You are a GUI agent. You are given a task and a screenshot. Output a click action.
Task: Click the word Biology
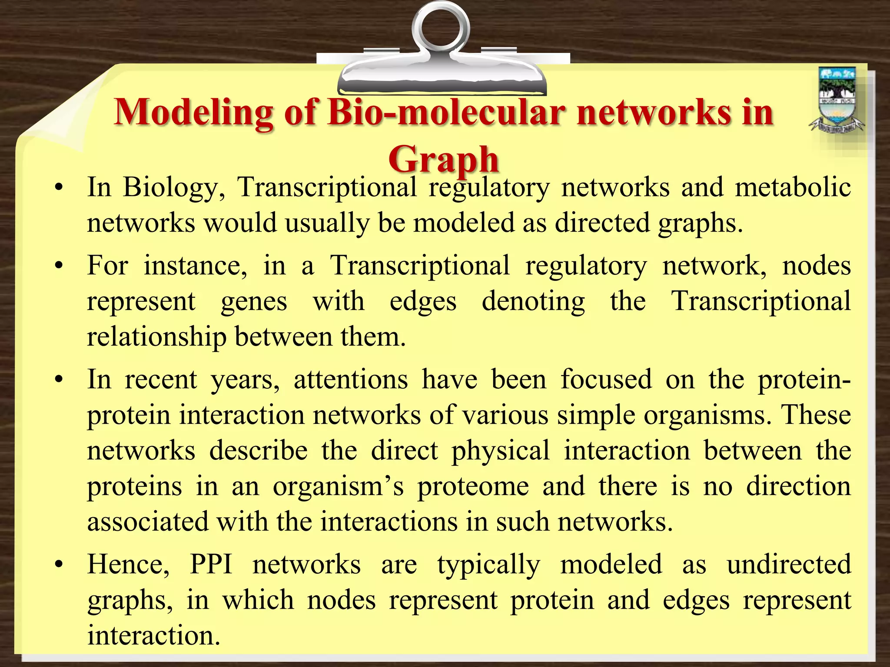(x=173, y=188)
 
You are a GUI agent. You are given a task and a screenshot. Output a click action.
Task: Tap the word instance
(x=195, y=266)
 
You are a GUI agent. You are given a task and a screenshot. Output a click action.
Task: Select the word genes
(x=254, y=301)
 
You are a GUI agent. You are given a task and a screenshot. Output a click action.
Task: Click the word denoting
(x=533, y=301)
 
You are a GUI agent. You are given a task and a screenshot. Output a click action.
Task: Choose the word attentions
(x=351, y=380)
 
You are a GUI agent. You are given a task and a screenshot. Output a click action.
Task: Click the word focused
(x=606, y=380)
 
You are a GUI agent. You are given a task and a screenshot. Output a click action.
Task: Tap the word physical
(x=500, y=451)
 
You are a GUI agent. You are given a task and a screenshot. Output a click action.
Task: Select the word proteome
(x=473, y=486)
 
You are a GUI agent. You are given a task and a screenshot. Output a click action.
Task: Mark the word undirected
(x=789, y=565)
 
